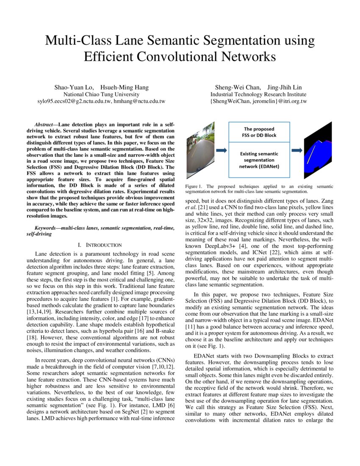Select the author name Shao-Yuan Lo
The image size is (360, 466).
coord(71,87)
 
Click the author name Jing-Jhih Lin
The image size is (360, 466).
coord(285,87)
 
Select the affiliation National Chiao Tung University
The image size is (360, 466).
coord(101,94)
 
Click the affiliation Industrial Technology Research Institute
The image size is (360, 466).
coord(258,94)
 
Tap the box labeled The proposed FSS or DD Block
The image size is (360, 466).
coord(259,132)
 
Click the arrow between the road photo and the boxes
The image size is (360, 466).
coord(221,150)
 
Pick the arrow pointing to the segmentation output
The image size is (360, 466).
coord(296,150)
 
